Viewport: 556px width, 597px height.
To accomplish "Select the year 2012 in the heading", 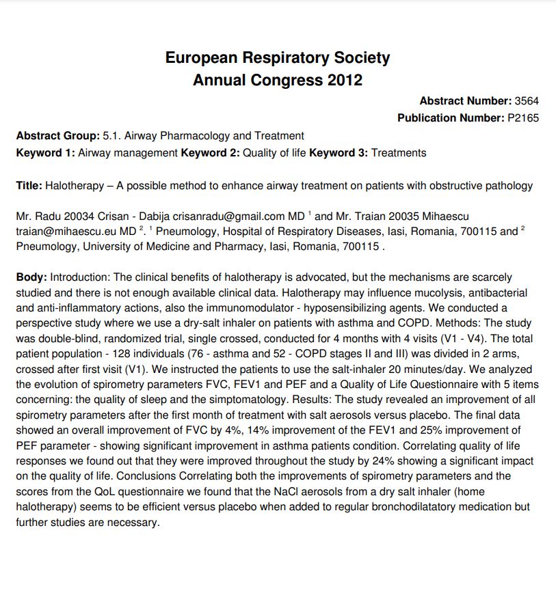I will [345, 80].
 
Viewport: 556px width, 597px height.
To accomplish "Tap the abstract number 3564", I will [527, 101].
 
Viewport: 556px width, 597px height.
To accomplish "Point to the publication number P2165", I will [523, 118].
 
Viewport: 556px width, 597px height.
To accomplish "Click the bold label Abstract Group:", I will [57, 136].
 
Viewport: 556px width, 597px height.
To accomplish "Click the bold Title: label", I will [29, 186].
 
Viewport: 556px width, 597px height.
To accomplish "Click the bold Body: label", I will [31, 277].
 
